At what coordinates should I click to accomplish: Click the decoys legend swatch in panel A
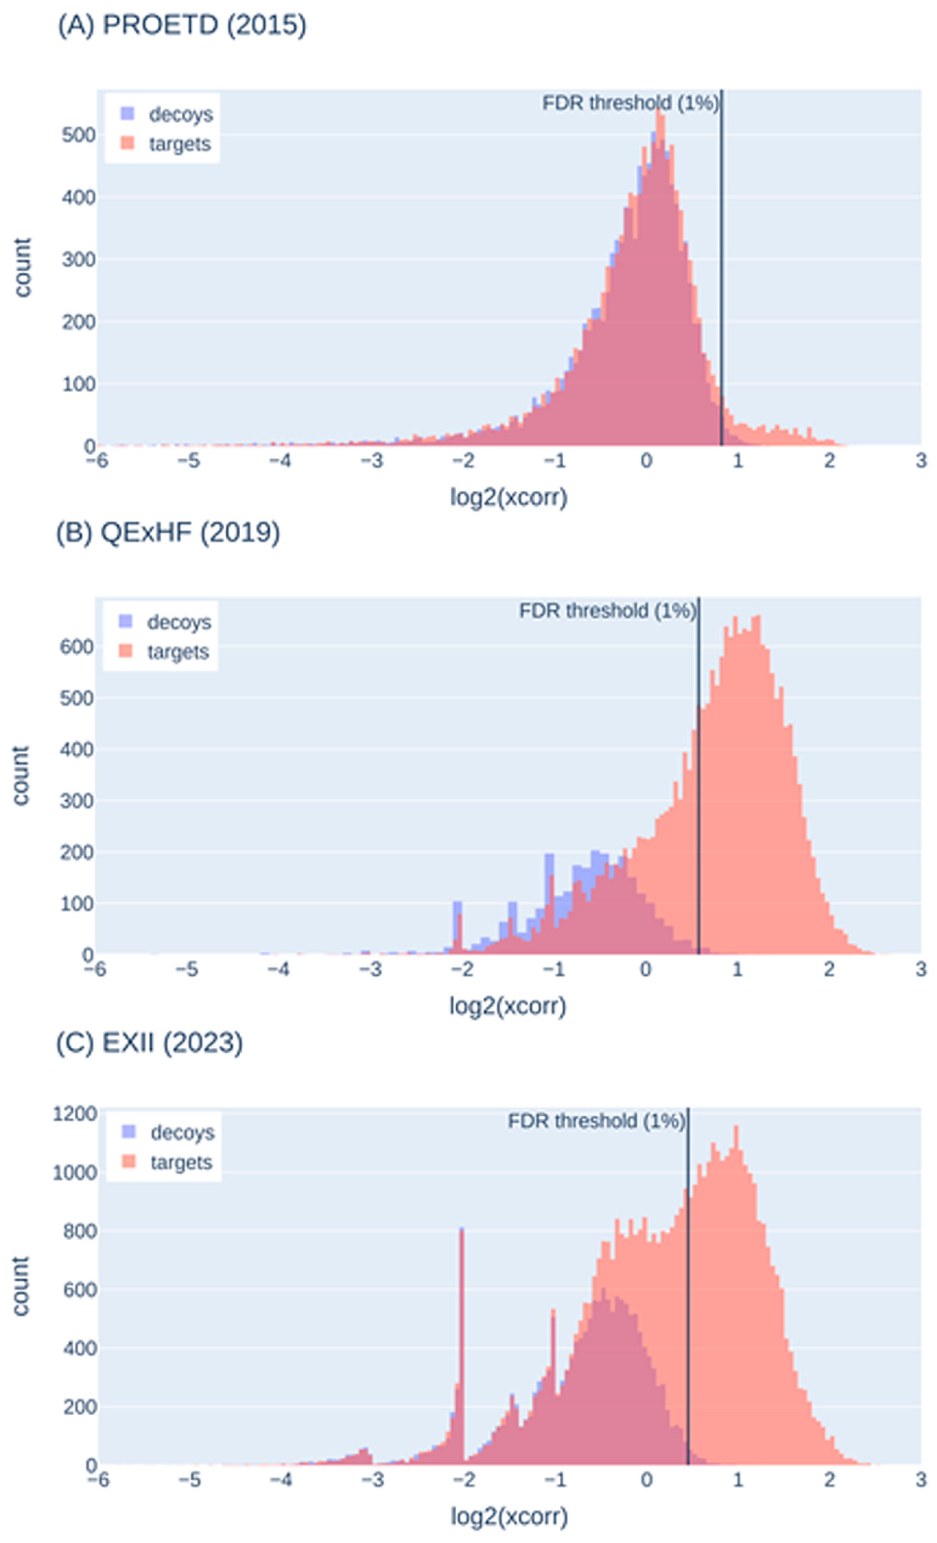pos(127,114)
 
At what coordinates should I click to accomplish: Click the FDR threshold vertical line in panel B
pos(698,783)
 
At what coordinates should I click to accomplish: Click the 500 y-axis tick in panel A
pos(78,135)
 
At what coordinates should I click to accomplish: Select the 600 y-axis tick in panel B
pos(77,647)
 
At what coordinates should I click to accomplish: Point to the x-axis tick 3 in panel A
pos(920,461)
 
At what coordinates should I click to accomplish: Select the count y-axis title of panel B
pos(21,775)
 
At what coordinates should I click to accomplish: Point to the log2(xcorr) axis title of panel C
pos(509,1516)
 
